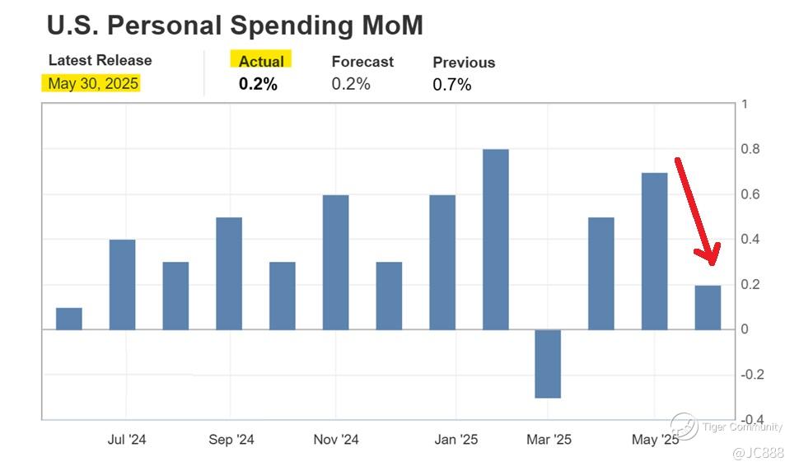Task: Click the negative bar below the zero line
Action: (548, 363)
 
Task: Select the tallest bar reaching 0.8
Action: (495, 239)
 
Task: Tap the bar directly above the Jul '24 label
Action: (122, 284)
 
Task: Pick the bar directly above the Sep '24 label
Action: (229, 273)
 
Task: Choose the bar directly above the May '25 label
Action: (655, 251)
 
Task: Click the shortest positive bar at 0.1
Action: (69, 319)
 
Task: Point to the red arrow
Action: (696, 210)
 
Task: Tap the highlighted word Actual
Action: (261, 61)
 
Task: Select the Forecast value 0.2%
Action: (351, 84)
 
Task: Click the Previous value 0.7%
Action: (452, 84)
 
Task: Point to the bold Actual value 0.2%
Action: (258, 84)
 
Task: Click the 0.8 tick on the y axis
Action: (750, 149)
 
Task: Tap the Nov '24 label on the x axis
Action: (336, 440)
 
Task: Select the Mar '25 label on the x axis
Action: (549, 440)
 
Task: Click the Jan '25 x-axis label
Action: (456, 440)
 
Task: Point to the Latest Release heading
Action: (100, 60)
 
